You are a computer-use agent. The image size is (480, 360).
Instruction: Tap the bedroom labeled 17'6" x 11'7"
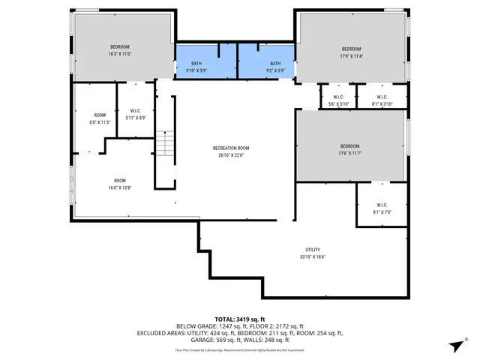(x=349, y=148)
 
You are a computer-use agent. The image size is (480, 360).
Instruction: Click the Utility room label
(x=313, y=253)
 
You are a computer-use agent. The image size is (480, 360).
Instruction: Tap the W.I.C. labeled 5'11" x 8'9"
(x=136, y=114)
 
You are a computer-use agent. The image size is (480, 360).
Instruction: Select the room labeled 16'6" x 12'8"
(x=120, y=184)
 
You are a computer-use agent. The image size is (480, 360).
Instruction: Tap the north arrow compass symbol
(x=454, y=345)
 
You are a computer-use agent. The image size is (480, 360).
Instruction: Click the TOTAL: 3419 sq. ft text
(x=240, y=319)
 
